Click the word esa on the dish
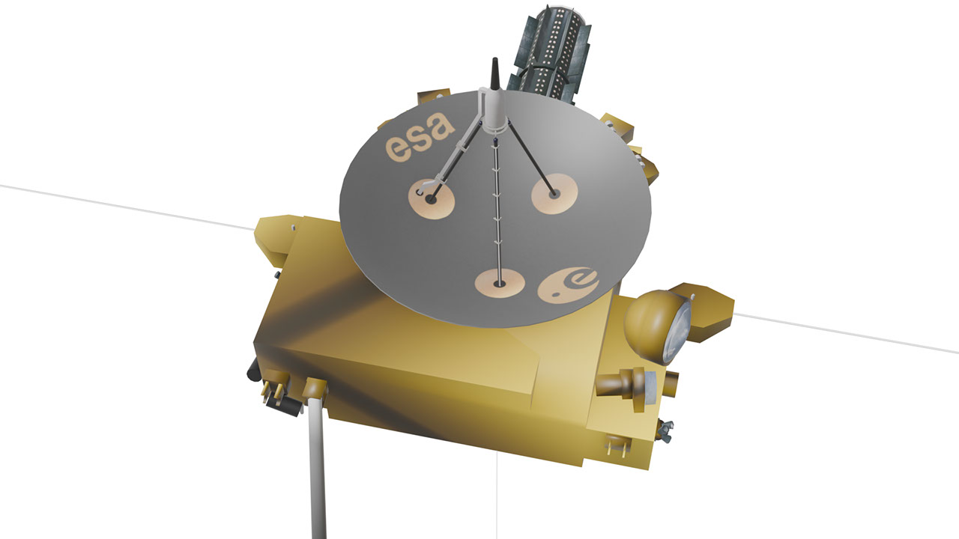point(419,136)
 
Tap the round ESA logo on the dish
point(568,285)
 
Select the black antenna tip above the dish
point(495,73)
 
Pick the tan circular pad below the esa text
point(431,199)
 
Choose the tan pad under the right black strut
point(554,194)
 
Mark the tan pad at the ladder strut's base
point(500,283)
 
